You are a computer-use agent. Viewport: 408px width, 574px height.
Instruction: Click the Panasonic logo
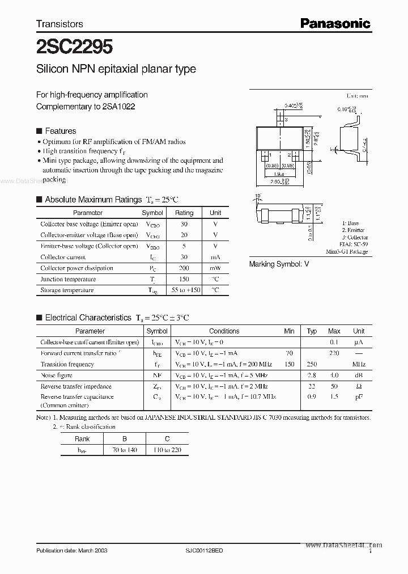point(335,23)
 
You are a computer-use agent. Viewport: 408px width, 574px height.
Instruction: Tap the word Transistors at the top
point(59,24)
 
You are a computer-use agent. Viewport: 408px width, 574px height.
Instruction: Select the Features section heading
point(60,130)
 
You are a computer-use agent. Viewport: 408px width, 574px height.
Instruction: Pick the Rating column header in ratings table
point(184,213)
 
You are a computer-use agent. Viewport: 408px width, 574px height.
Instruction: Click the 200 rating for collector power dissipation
point(184,268)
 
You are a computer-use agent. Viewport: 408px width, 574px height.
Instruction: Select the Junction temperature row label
point(68,279)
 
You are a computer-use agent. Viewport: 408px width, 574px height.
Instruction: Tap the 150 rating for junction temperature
point(184,279)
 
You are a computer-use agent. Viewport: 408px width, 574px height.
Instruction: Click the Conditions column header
point(224,331)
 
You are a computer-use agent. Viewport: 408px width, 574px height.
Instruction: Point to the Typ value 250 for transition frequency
point(312,365)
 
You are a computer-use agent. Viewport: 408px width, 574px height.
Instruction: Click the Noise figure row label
point(56,375)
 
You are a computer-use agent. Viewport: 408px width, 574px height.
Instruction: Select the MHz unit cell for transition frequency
point(359,365)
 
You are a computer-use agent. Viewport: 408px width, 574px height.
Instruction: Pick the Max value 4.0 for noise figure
point(334,375)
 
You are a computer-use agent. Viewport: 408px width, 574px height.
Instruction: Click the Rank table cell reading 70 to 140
point(125,450)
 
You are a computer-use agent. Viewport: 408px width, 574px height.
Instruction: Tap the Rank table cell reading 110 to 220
point(168,450)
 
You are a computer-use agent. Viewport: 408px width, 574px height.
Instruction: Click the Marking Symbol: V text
point(279,264)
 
